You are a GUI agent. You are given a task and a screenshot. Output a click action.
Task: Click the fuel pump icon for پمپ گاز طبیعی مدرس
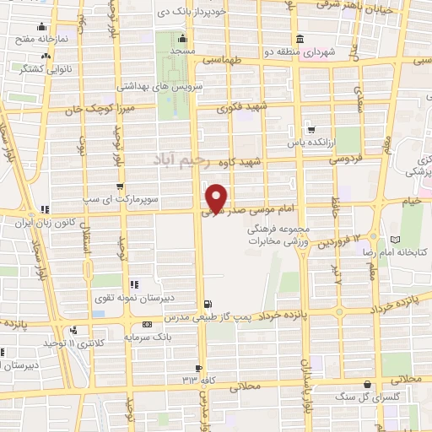[208, 304]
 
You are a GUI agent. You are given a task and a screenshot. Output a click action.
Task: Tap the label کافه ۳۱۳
[190, 379]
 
